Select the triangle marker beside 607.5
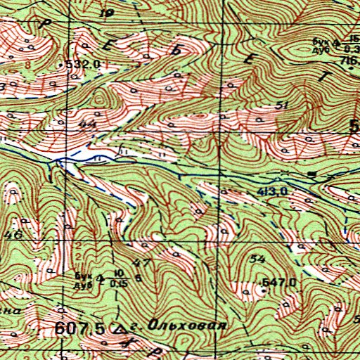click(118, 328)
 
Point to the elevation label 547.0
click(276, 282)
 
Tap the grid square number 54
click(257, 260)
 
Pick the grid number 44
click(88, 124)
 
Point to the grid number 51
click(283, 105)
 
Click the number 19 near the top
click(107, 13)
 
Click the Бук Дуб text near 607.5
click(84, 279)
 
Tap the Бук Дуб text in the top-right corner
click(322, 45)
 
